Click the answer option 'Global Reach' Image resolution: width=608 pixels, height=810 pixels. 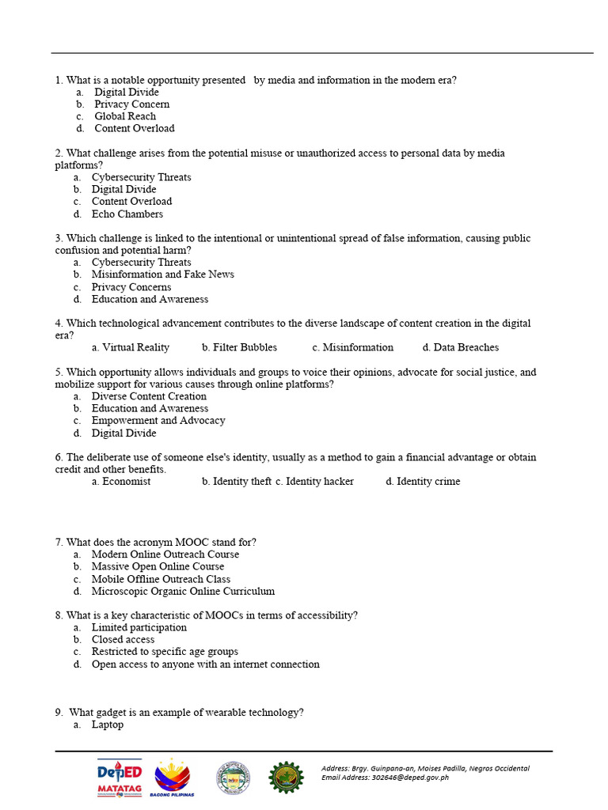[125, 116]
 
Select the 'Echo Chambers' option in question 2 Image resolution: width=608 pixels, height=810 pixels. [127, 214]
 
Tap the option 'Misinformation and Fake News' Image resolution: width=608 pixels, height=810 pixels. [162, 274]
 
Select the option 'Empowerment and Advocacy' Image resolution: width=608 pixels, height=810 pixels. [158, 421]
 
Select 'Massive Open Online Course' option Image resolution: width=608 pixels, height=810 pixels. [158, 566]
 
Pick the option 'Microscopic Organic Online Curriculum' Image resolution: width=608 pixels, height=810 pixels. [183, 591]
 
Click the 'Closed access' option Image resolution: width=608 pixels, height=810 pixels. [123, 639]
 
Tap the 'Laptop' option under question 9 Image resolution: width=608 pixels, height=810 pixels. [107, 725]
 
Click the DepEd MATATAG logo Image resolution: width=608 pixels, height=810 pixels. [120, 778]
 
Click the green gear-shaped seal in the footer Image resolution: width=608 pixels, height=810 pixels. [286, 778]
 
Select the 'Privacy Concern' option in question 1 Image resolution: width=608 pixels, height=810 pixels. [131, 104]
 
